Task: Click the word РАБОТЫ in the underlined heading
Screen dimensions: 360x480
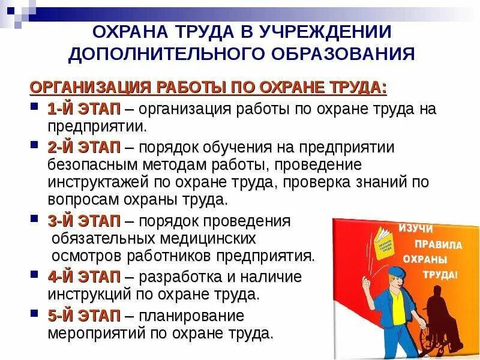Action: point(187,88)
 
